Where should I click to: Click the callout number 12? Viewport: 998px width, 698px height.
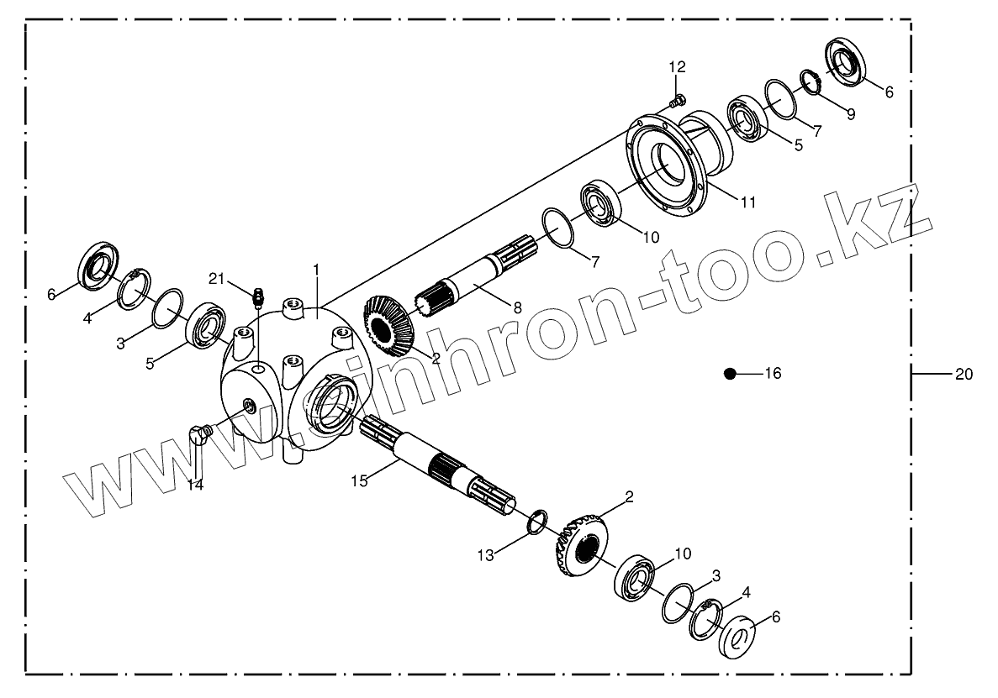point(678,67)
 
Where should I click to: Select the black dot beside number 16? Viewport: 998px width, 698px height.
point(730,374)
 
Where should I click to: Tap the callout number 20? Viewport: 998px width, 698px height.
point(964,374)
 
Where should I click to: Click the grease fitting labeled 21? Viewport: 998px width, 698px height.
point(258,296)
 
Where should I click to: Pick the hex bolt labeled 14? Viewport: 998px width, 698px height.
point(199,434)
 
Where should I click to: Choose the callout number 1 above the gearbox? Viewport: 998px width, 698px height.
point(316,269)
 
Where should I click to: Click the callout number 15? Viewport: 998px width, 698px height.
point(360,481)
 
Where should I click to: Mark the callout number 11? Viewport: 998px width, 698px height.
point(748,202)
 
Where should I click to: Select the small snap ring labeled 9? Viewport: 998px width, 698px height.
point(809,81)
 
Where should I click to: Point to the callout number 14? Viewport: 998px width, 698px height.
point(195,484)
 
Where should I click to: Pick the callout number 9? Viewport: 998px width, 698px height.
point(851,114)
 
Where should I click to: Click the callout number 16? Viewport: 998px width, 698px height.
point(773,374)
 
